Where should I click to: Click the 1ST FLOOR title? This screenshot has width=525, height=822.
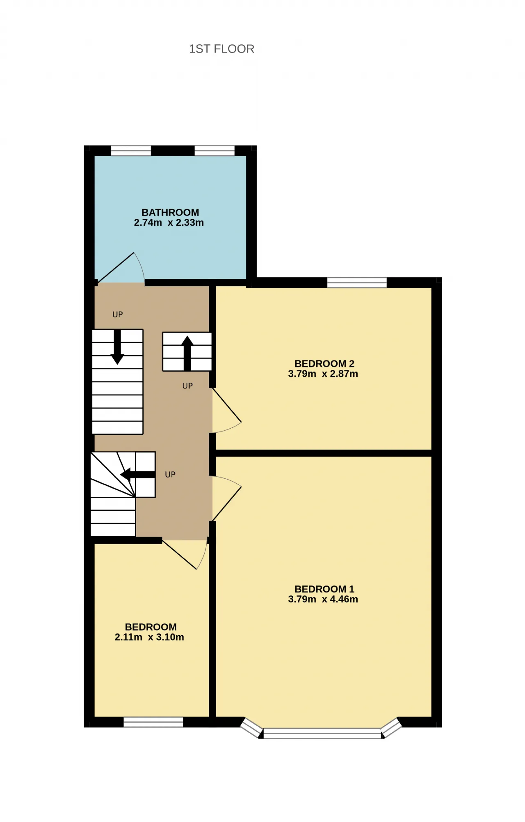tap(221, 49)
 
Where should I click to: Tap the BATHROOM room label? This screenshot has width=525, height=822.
tap(170, 212)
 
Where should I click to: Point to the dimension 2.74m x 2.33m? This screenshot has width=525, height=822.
tap(169, 223)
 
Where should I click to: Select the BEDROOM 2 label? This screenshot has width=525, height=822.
tap(324, 363)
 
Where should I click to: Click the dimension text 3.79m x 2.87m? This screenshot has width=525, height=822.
tap(323, 374)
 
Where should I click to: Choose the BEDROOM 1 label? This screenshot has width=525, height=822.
tap(324, 589)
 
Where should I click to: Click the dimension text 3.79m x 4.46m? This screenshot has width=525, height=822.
tap(323, 599)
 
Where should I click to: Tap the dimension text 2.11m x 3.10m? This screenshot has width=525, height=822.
tap(149, 637)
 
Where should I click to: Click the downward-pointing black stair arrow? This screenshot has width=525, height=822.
tap(117, 347)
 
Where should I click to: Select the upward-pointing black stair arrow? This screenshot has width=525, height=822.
tap(187, 354)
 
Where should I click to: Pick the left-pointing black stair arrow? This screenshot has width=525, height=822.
tap(138, 475)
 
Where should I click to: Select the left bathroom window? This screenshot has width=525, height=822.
tap(131, 151)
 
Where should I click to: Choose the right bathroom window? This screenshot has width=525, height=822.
tap(215, 151)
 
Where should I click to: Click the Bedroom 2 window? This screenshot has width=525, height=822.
tap(357, 282)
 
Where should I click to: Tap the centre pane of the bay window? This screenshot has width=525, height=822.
tap(322, 733)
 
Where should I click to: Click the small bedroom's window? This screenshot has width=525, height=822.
tap(153, 722)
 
